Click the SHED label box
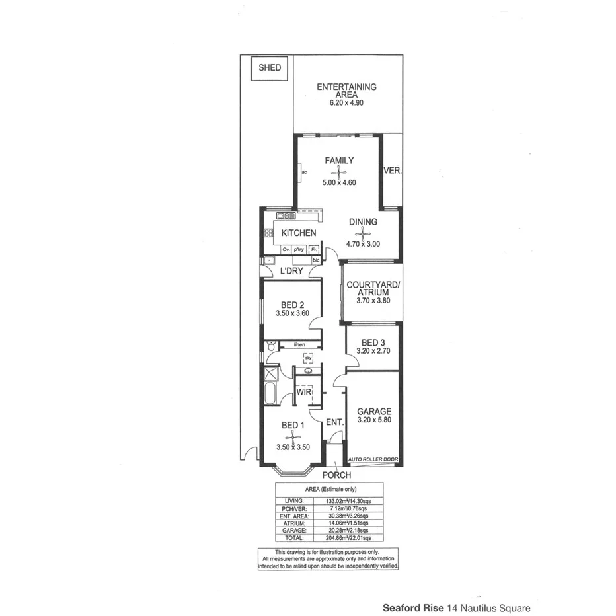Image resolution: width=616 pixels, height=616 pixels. coord(270,68)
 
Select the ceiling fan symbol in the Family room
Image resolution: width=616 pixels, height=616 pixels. coord(339,173)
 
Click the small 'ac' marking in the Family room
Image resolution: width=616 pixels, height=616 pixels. coord(304,173)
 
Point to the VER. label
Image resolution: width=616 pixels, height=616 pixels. coord(393,171)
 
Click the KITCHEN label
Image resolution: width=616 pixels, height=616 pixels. coord(299,233)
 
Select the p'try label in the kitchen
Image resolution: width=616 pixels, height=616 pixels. coord(299,249)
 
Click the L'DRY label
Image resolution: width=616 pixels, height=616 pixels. coord(291,271)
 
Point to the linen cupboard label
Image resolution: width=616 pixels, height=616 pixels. coord(299,345)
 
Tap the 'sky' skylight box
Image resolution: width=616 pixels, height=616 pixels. coord(308,358)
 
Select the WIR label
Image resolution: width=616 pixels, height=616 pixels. coord(303,393)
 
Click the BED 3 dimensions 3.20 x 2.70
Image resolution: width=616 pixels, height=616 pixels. coord(373,352)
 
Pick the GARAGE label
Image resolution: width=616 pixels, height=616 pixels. coord(373,411)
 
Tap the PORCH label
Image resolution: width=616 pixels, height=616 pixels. coord(336,475)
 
